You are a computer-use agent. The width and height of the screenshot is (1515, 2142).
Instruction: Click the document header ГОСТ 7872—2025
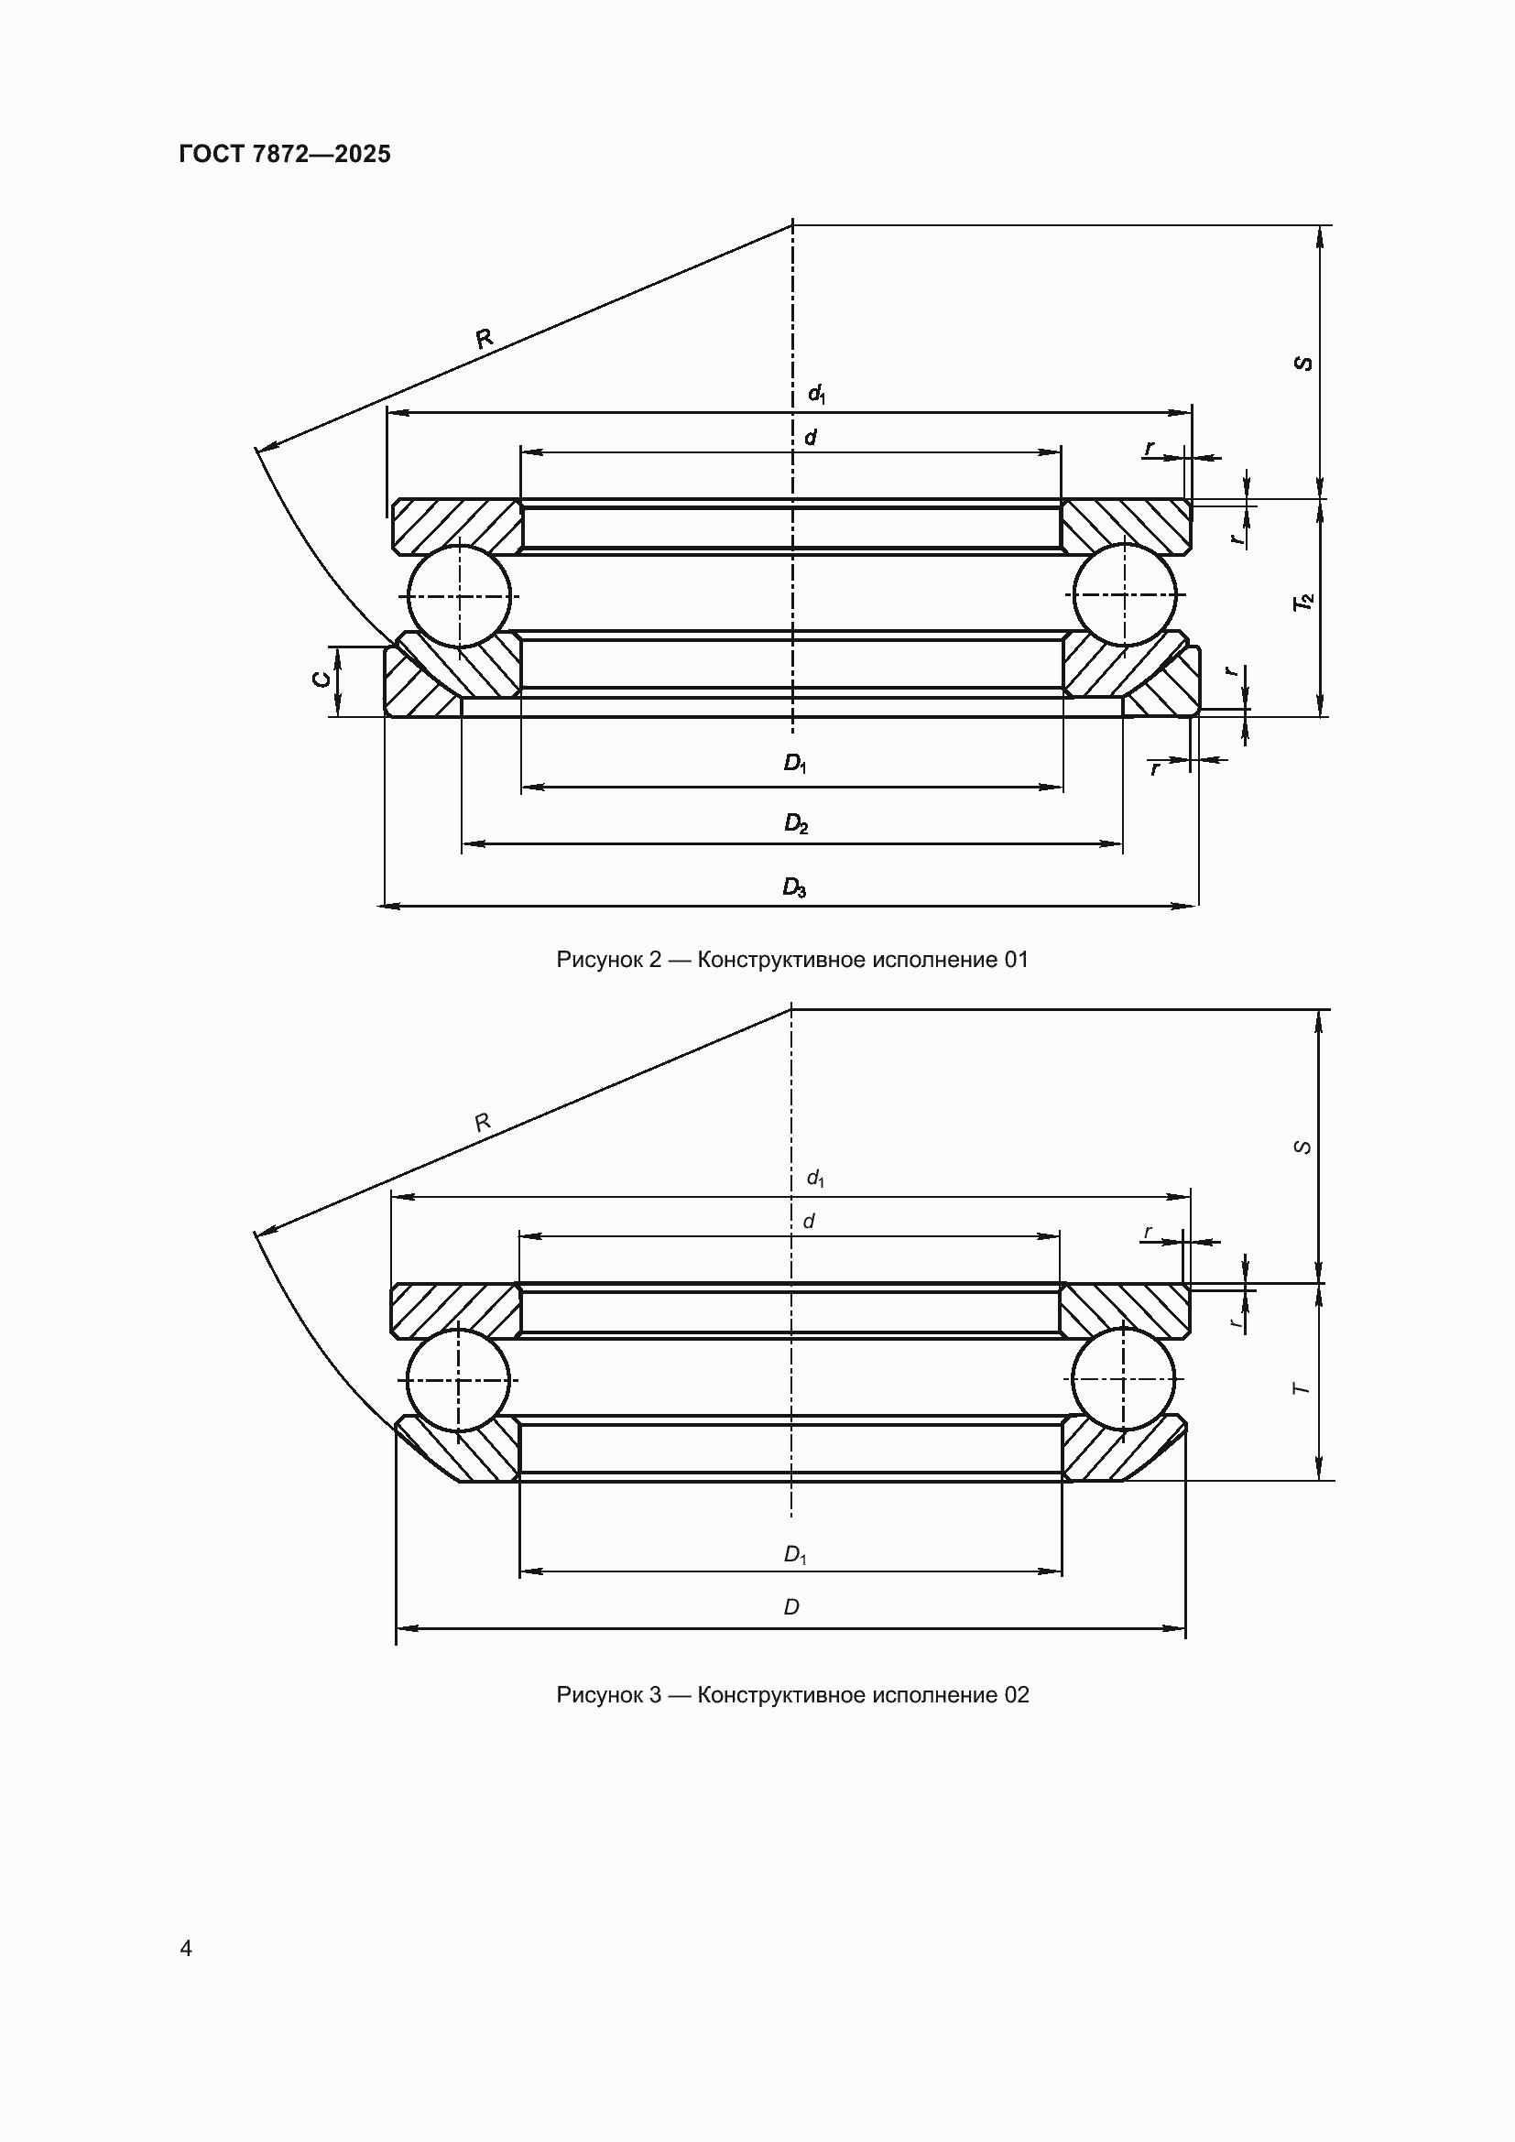285,154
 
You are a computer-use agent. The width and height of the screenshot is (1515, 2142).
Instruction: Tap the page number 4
186,1948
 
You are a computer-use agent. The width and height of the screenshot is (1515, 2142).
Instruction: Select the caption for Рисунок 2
792,960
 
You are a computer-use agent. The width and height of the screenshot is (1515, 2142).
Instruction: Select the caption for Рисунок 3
792,1695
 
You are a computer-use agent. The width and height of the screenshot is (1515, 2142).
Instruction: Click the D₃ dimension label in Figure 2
794,887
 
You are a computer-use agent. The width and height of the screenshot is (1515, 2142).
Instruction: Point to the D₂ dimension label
795,824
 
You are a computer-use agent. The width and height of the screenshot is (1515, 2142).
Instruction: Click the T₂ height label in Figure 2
1303,602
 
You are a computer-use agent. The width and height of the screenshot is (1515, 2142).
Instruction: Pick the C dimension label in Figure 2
320,680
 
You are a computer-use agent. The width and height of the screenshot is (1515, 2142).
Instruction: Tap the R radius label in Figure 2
485,339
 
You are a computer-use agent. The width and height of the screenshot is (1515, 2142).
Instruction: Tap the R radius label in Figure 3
483,1124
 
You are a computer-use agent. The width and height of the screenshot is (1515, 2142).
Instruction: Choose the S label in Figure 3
1304,1147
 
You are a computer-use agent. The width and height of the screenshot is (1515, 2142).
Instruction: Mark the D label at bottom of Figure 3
791,1607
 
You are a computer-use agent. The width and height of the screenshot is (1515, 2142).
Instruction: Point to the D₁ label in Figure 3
795,1555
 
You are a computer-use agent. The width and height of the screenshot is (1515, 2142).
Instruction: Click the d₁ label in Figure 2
816,395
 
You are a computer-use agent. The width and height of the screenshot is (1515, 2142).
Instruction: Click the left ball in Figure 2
459,595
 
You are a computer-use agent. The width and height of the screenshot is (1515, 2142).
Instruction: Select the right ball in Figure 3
1124,1379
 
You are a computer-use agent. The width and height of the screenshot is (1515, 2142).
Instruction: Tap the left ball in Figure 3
458,1379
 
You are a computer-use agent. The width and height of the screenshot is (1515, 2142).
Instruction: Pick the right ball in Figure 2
1125,595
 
